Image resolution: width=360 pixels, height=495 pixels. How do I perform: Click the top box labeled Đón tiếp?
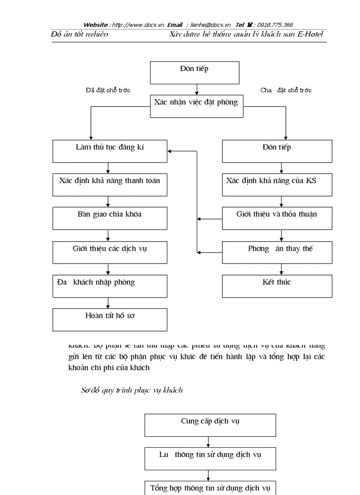coord(195,73)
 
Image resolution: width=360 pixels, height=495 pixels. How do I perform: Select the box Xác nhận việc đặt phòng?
coord(196,106)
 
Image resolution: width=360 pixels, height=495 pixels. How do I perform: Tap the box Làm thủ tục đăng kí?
coord(110,151)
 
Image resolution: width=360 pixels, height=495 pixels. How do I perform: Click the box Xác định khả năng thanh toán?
coord(110,185)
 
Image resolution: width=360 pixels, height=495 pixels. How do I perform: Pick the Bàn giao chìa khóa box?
coord(110,218)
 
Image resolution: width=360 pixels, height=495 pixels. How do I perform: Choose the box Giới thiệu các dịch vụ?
coord(110,252)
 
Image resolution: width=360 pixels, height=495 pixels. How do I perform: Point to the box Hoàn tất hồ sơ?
coord(110,320)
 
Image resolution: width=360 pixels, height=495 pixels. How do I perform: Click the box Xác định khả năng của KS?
coord(277,185)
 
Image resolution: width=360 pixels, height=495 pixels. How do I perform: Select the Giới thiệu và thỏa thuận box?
coord(277,218)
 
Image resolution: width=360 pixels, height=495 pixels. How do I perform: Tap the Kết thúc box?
coord(277,286)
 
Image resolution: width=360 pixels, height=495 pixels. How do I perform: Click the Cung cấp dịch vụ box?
coord(210,425)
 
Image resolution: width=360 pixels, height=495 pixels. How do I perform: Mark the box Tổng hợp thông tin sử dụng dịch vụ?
coord(210,488)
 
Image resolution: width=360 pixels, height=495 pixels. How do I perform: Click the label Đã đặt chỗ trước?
coord(108,90)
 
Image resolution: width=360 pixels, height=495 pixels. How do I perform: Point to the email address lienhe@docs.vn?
coord(209,25)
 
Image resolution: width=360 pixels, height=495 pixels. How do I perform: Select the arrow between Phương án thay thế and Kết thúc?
coord(281,269)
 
